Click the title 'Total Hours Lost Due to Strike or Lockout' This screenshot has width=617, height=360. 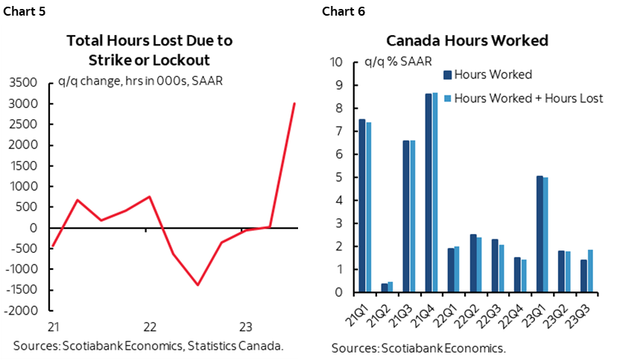[148, 49]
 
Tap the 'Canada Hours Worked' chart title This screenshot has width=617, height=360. [466, 41]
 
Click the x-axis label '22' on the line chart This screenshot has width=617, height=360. [149, 326]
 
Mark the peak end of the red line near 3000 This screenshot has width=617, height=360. [294, 104]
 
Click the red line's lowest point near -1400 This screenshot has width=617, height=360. [197, 285]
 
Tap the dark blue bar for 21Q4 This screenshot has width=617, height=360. [428, 192]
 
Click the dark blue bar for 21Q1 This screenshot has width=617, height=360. [362, 206]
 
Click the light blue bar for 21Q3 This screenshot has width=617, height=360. [412, 216]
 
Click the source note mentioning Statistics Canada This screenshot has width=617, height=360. [148, 346]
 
